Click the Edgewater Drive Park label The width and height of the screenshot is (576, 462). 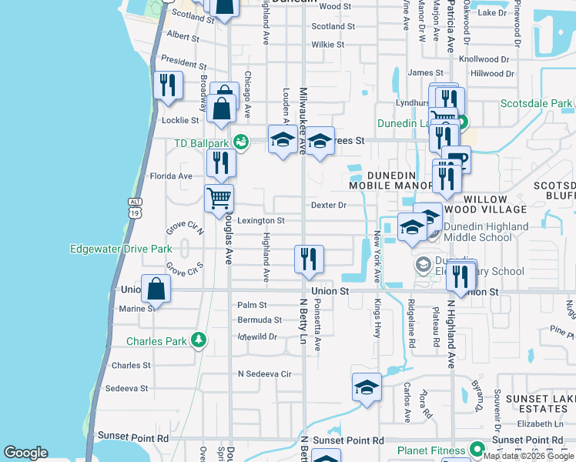click(121, 249)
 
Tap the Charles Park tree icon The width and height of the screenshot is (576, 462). click(199, 340)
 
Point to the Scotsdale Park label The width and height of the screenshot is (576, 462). click(536, 103)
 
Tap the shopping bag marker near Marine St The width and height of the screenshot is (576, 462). click(156, 290)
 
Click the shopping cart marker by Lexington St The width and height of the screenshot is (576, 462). click(219, 198)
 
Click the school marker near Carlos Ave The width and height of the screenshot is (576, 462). click(367, 387)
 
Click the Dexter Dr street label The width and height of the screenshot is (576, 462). click(329, 206)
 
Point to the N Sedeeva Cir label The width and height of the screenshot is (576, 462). click(265, 374)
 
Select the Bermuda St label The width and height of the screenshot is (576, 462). click(260, 320)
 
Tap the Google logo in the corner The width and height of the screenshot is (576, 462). click(25, 453)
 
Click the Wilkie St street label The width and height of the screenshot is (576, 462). click(328, 45)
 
